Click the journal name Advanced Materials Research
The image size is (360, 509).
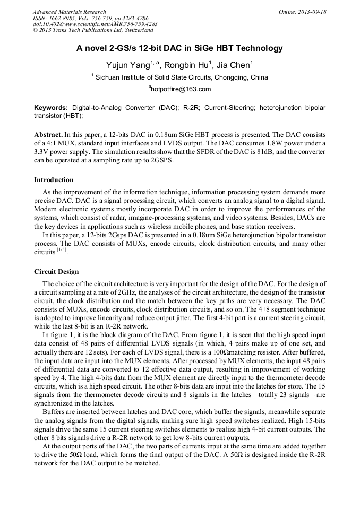coord(69,12)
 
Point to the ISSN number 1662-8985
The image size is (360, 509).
coord(63,18)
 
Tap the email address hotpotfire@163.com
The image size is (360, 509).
coord(181,89)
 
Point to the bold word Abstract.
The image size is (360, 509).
coord(48,135)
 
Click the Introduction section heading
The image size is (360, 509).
coord(54,180)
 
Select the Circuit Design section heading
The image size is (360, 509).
coord(56,272)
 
